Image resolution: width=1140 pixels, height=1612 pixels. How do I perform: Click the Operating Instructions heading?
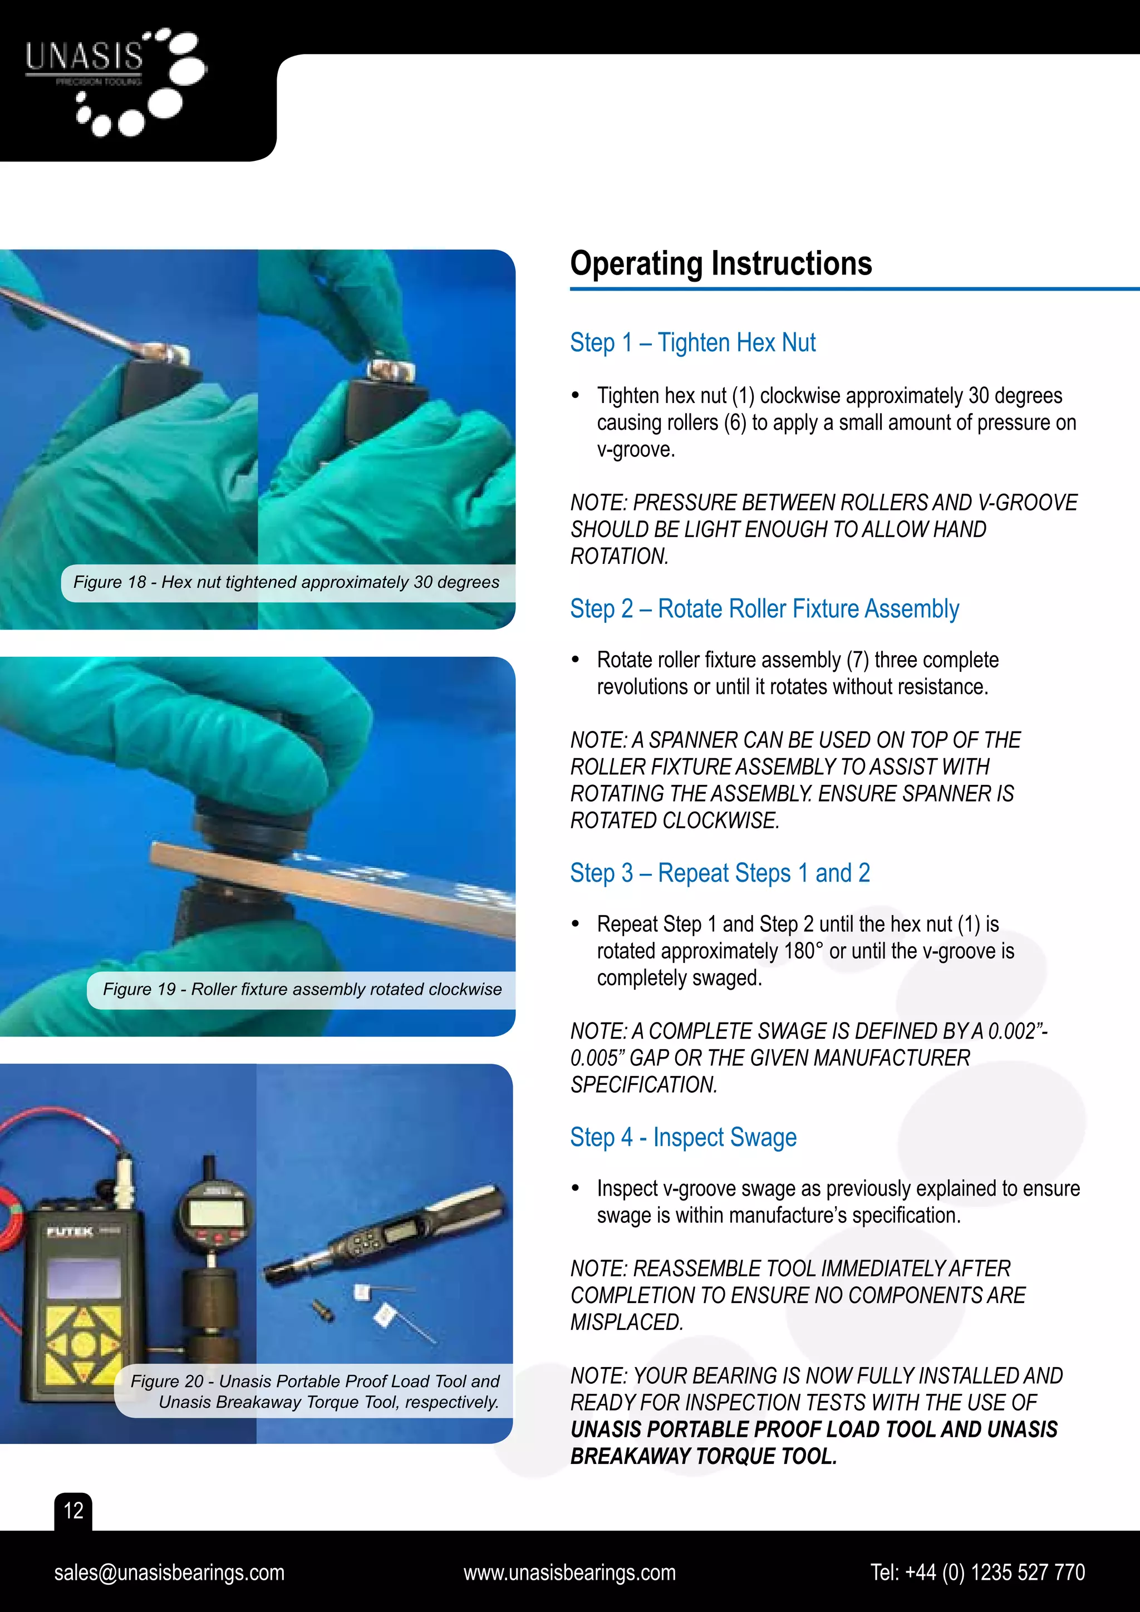coord(721,264)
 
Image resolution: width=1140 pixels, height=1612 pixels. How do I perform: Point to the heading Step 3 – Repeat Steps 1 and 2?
coord(720,873)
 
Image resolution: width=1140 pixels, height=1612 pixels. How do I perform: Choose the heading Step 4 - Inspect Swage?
coord(683,1137)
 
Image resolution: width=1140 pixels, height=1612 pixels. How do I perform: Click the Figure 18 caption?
coord(287,582)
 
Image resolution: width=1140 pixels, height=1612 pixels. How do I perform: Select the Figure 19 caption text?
coord(302,989)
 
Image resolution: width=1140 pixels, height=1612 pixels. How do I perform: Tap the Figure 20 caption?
coord(315,1392)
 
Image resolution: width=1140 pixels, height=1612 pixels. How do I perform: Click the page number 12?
coord(73,1510)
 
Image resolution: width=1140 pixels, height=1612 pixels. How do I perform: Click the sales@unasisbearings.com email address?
coord(169,1572)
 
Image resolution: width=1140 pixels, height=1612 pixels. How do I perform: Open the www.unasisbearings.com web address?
coord(569,1572)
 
